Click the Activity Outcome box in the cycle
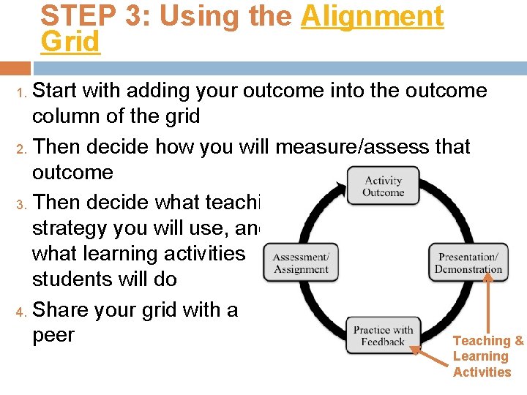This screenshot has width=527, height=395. (x=384, y=186)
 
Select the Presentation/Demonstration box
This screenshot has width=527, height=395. (x=468, y=263)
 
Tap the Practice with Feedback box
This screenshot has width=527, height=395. (x=383, y=336)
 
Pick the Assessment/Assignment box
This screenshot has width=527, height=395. (x=301, y=263)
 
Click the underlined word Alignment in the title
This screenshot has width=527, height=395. (x=372, y=16)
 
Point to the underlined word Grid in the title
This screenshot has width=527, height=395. (x=70, y=42)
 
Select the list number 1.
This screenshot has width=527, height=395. (x=21, y=92)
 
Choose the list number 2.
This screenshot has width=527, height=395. (x=21, y=148)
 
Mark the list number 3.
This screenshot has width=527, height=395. (x=21, y=203)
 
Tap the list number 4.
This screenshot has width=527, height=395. (x=21, y=311)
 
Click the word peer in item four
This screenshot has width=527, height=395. (x=53, y=335)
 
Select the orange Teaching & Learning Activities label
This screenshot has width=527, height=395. (x=487, y=356)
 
